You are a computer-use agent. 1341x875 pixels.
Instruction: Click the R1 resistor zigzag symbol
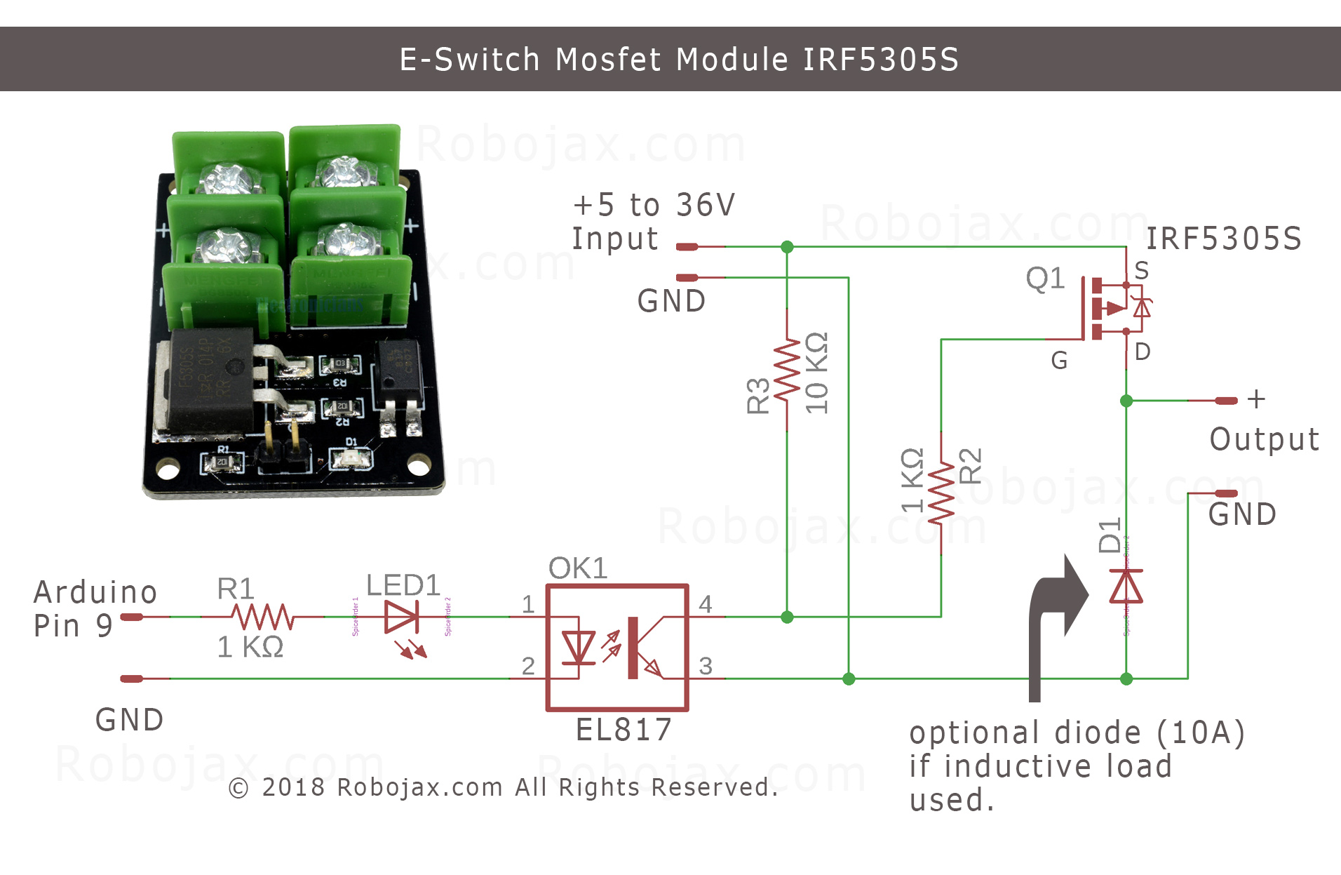[262, 617]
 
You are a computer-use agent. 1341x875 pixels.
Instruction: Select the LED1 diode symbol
[403, 617]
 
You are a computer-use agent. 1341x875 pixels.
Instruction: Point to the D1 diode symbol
[1126, 587]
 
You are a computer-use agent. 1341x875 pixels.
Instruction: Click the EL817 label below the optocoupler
[624, 730]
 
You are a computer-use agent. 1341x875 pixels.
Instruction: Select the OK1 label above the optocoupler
[577, 568]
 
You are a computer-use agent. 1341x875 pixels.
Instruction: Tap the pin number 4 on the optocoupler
[706, 604]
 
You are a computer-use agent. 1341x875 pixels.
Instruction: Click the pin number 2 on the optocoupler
[528, 666]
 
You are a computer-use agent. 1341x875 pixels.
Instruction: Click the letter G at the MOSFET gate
[1059, 361]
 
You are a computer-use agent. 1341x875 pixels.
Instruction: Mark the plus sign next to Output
[1256, 399]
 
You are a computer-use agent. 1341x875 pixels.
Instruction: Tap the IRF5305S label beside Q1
[1224, 239]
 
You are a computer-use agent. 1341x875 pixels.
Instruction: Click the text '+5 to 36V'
[654, 205]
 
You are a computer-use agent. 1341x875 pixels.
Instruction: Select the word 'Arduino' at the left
[95, 592]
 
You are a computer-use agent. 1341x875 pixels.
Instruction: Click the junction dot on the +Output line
[1126, 401]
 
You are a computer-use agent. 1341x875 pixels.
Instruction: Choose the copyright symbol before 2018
[238, 789]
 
